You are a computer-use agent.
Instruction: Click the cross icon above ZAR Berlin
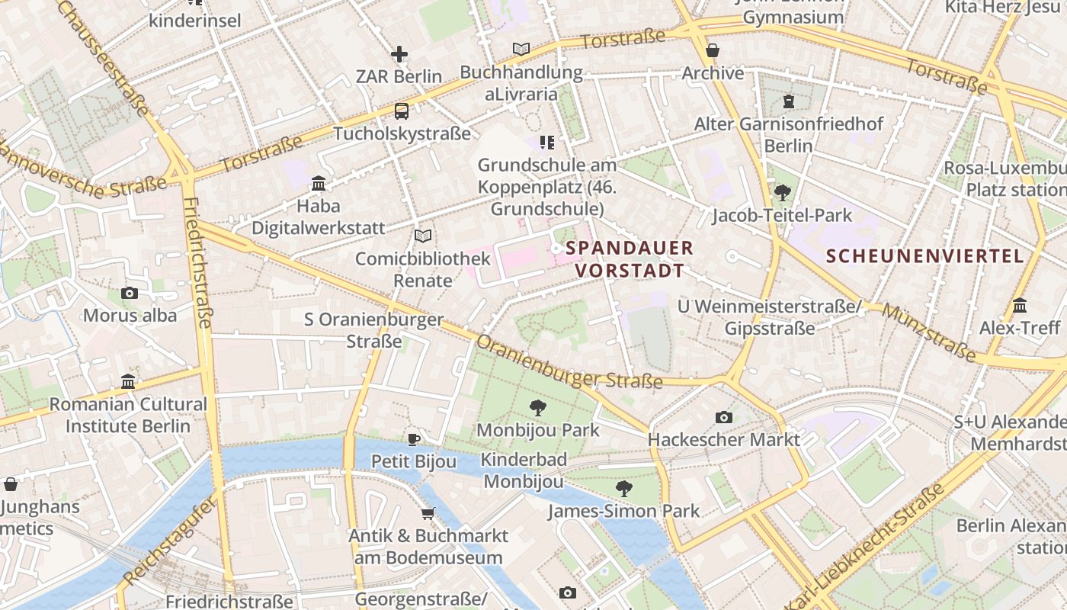pos(399,54)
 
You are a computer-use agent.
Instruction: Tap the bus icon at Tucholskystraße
pos(402,111)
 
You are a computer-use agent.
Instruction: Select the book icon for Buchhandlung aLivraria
pos(521,50)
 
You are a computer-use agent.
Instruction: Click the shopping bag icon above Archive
pos(713,50)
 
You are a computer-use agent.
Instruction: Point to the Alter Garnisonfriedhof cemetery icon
pos(789,101)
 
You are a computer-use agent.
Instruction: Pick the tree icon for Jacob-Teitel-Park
pos(782,193)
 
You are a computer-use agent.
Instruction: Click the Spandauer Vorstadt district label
pos(630,259)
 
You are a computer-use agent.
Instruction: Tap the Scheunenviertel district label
pos(925,256)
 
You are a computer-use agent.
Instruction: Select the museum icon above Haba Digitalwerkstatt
pos(319,183)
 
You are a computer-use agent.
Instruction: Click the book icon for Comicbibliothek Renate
pos(423,236)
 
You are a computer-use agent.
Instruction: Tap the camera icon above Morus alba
pos(130,293)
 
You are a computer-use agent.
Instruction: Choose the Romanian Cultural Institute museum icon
pos(128,381)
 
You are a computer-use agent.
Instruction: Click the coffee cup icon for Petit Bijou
pos(414,438)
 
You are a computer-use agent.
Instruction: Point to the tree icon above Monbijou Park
pos(538,407)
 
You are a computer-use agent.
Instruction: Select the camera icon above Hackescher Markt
pos(724,417)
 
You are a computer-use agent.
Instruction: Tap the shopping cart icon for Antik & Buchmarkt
pos(428,513)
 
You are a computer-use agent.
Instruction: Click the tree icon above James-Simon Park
pos(624,488)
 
